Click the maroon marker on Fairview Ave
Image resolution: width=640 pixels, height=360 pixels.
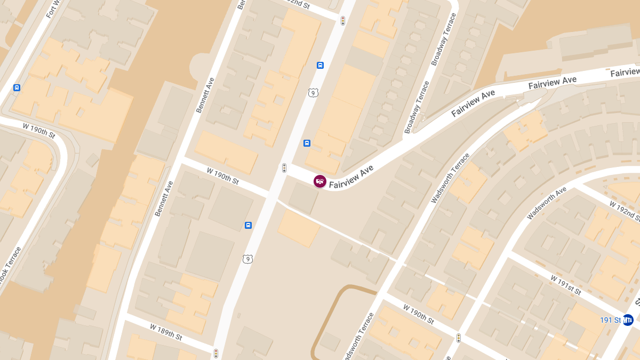[320, 181]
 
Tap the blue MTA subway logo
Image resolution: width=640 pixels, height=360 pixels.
[628, 320]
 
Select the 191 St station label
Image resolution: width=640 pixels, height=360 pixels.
[611, 320]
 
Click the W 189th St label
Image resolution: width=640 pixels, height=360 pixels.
[166, 332]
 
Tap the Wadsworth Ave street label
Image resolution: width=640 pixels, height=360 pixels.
[546, 204]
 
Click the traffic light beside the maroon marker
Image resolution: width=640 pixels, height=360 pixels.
[284, 168]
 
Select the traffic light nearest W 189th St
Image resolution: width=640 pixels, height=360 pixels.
[216, 353]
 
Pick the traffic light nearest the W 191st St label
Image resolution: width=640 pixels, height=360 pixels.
[458, 338]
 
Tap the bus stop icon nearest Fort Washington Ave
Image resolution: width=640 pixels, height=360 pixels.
[17, 87]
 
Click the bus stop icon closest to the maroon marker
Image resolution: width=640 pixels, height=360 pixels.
[307, 143]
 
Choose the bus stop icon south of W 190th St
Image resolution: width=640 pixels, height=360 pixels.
[248, 225]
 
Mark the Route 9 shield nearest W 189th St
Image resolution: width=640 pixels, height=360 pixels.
[247, 259]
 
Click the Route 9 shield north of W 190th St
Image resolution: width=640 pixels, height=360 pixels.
[313, 93]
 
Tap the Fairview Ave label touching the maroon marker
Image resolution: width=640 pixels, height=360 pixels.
[351, 177]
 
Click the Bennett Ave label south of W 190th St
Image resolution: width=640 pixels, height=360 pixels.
[164, 198]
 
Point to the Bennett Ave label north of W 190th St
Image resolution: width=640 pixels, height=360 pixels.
[205, 94]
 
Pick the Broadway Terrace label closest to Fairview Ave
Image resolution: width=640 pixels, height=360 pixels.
[417, 107]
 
